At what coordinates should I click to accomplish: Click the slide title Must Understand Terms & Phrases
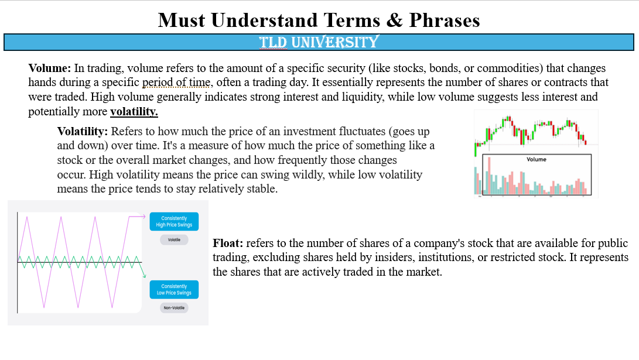pyautogui.click(x=319, y=20)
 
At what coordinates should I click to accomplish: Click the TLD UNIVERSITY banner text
pyautogui.click(x=319, y=42)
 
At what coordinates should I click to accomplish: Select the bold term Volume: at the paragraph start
pyautogui.click(x=50, y=68)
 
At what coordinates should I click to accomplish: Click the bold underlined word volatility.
pyautogui.click(x=134, y=111)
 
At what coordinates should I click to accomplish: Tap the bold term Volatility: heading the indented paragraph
pyautogui.click(x=82, y=131)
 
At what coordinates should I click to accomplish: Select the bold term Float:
pyautogui.click(x=228, y=243)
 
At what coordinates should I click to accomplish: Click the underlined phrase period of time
pyautogui.click(x=177, y=83)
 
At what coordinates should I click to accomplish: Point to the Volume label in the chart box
pyautogui.click(x=536, y=159)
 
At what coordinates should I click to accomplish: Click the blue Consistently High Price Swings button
pyautogui.click(x=174, y=222)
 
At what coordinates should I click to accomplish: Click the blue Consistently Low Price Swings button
pyautogui.click(x=174, y=290)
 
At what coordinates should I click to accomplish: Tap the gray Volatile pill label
pyautogui.click(x=174, y=240)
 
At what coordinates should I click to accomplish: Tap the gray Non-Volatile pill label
pyautogui.click(x=174, y=308)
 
